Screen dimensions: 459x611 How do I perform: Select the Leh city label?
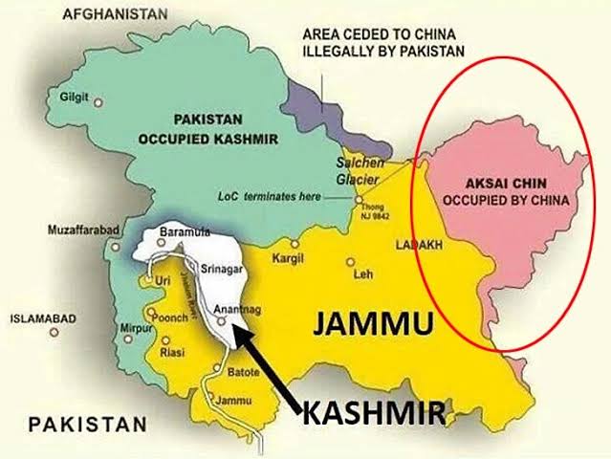click(362, 274)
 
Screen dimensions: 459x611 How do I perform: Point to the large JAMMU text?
click(373, 325)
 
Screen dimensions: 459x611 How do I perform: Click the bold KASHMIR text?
click(374, 414)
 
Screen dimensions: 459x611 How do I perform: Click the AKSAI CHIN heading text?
click(497, 186)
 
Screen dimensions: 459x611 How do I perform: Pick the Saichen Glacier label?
click(360, 171)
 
